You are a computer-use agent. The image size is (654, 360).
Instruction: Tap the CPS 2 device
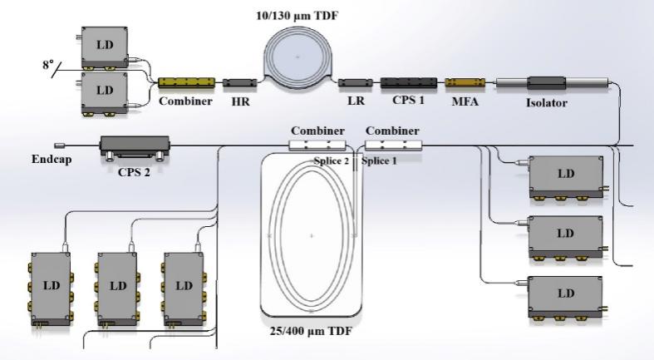134,149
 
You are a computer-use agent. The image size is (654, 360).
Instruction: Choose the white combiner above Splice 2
317,145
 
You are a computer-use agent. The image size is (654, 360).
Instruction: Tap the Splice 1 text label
380,160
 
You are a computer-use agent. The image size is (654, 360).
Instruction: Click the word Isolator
548,104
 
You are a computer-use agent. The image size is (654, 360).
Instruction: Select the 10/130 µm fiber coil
299,57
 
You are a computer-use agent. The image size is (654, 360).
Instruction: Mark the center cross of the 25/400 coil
312,236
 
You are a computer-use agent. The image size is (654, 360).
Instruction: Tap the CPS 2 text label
134,175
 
